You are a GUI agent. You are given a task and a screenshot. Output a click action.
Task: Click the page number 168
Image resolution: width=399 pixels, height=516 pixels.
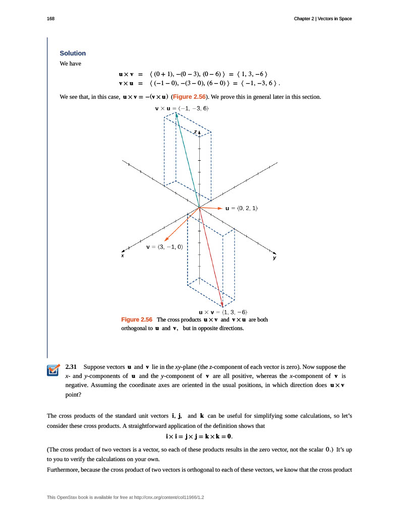(x=50, y=19)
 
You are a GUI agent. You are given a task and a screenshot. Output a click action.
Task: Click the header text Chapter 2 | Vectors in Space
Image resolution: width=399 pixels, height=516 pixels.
(x=323, y=19)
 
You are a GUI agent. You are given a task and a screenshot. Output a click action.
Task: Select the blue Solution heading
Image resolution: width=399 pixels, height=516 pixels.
(x=73, y=53)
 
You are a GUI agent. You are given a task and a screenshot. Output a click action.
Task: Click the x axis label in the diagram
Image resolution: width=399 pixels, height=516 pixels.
(x=122, y=255)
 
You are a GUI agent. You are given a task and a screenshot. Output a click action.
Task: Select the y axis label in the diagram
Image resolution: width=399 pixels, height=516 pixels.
(x=275, y=257)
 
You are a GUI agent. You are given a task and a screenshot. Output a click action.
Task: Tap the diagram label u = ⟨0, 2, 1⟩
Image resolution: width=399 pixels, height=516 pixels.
(x=242, y=208)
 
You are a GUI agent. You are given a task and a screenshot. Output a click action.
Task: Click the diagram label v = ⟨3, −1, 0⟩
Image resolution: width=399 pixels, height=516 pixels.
(x=164, y=247)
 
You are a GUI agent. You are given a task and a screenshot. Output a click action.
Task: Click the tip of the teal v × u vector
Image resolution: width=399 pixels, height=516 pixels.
(x=176, y=113)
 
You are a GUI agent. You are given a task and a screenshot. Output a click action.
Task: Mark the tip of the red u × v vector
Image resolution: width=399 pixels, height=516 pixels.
(x=222, y=305)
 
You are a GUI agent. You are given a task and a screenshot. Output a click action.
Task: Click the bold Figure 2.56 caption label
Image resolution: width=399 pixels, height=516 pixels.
(x=137, y=319)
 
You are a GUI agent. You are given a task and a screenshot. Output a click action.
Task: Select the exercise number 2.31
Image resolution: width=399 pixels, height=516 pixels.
(x=71, y=366)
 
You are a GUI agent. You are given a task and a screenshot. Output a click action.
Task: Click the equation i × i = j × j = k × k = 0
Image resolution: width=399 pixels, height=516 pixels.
(x=199, y=435)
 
